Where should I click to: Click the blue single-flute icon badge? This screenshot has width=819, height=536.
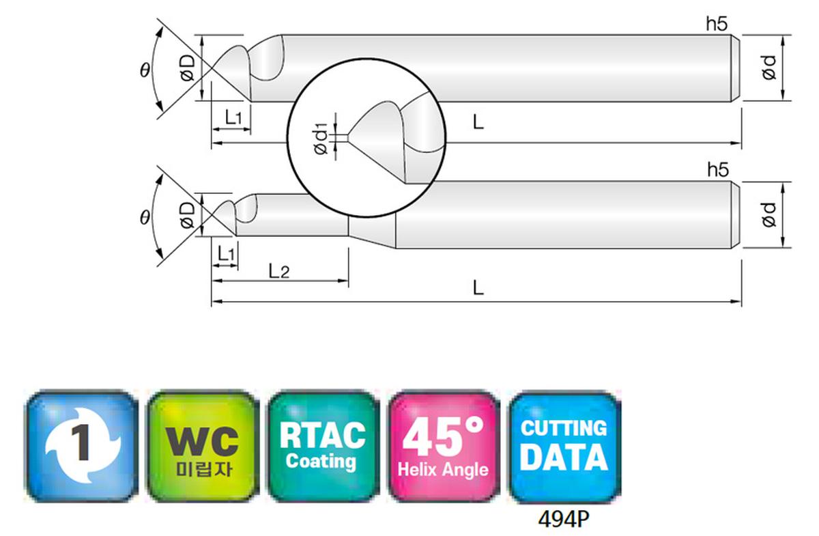(x=81, y=446)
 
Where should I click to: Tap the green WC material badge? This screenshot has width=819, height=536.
(x=203, y=446)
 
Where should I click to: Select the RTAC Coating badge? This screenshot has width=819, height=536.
(x=323, y=446)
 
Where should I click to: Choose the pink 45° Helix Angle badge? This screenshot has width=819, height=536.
(x=444, y=446)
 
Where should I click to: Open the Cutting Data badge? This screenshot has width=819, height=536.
(x=564, y=446)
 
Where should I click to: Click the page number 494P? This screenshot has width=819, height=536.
(x=564, y=519)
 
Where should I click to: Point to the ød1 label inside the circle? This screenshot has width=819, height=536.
(x=321, y=139)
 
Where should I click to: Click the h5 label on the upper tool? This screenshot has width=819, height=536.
(x=717, y=24)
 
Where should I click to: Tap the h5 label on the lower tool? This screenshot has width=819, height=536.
(x=718, y=170)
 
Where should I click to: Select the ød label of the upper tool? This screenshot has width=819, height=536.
(x=768, y=68)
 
